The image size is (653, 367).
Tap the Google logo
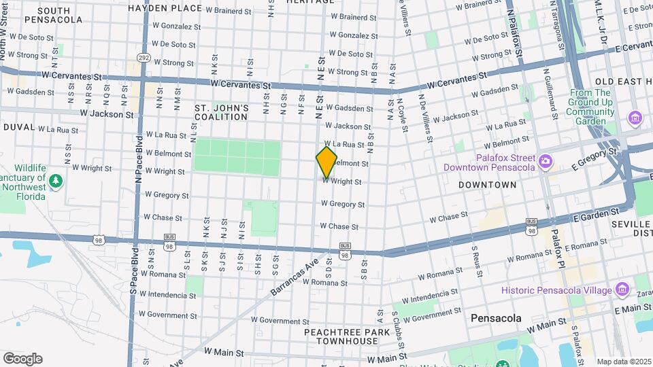[x=22, y=359]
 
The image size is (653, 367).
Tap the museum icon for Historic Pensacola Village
[x=622, y=290]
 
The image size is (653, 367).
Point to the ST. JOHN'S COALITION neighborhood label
[x=221, y=112]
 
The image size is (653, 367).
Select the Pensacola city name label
[x=496, y=318]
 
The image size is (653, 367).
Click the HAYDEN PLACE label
[x=165, y=8]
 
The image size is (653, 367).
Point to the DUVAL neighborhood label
[x=18, y=127]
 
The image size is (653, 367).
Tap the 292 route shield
[x=143, y=58]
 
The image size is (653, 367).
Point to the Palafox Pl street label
[x=556, y=247]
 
